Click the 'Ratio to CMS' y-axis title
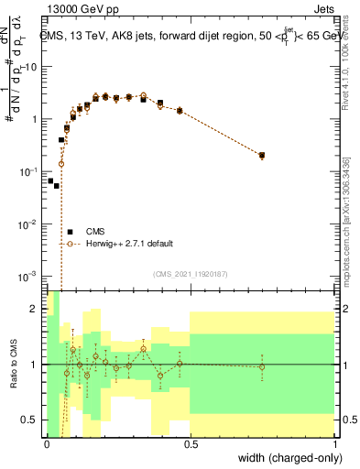[x=14, y=364]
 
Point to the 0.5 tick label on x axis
[x=191, y=444]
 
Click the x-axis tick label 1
[x=335, y=444]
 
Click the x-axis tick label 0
[x=47, y=444]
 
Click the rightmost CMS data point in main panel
[x=263, y=156]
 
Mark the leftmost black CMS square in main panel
[x=50, y=180]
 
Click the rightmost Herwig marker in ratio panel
[x=263, y=366]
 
